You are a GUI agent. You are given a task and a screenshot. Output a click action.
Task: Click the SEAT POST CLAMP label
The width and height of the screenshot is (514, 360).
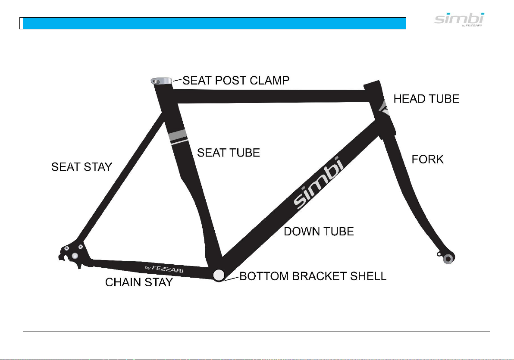coord(236,81)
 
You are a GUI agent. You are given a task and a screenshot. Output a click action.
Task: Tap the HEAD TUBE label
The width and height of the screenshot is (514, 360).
coord(426,99)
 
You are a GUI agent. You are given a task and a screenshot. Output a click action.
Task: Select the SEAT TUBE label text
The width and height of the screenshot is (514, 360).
coord(228,152)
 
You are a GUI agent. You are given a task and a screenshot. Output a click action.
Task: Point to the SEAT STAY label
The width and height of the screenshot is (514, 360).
coord(81,167)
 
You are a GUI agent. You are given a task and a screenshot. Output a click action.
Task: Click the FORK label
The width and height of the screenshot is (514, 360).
coord(427,159)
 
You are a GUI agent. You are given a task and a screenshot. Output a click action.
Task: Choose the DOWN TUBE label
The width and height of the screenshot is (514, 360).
coord(318,232)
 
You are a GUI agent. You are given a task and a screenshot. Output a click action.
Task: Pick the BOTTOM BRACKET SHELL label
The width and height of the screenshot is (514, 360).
coord(313,276)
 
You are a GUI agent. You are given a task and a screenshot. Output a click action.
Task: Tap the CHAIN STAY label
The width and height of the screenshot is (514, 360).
coord(139,282)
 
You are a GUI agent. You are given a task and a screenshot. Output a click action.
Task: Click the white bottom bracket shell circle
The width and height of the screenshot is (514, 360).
coord(219,274)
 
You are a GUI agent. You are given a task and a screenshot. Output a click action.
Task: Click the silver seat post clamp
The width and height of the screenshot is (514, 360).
coord(160,81)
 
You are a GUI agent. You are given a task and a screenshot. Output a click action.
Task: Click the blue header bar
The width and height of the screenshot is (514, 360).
coord(215,23)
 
